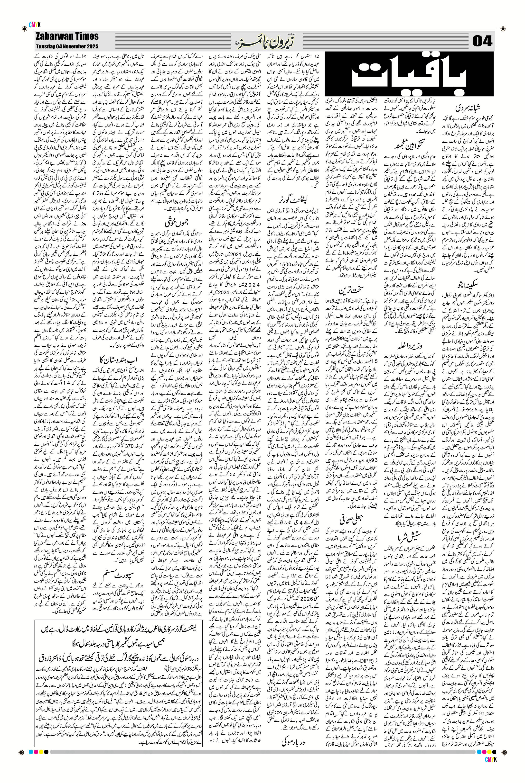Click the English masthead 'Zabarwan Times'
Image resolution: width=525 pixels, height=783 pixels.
(x=67, y=36)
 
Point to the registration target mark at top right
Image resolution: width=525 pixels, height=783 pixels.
(x=503, y=29)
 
